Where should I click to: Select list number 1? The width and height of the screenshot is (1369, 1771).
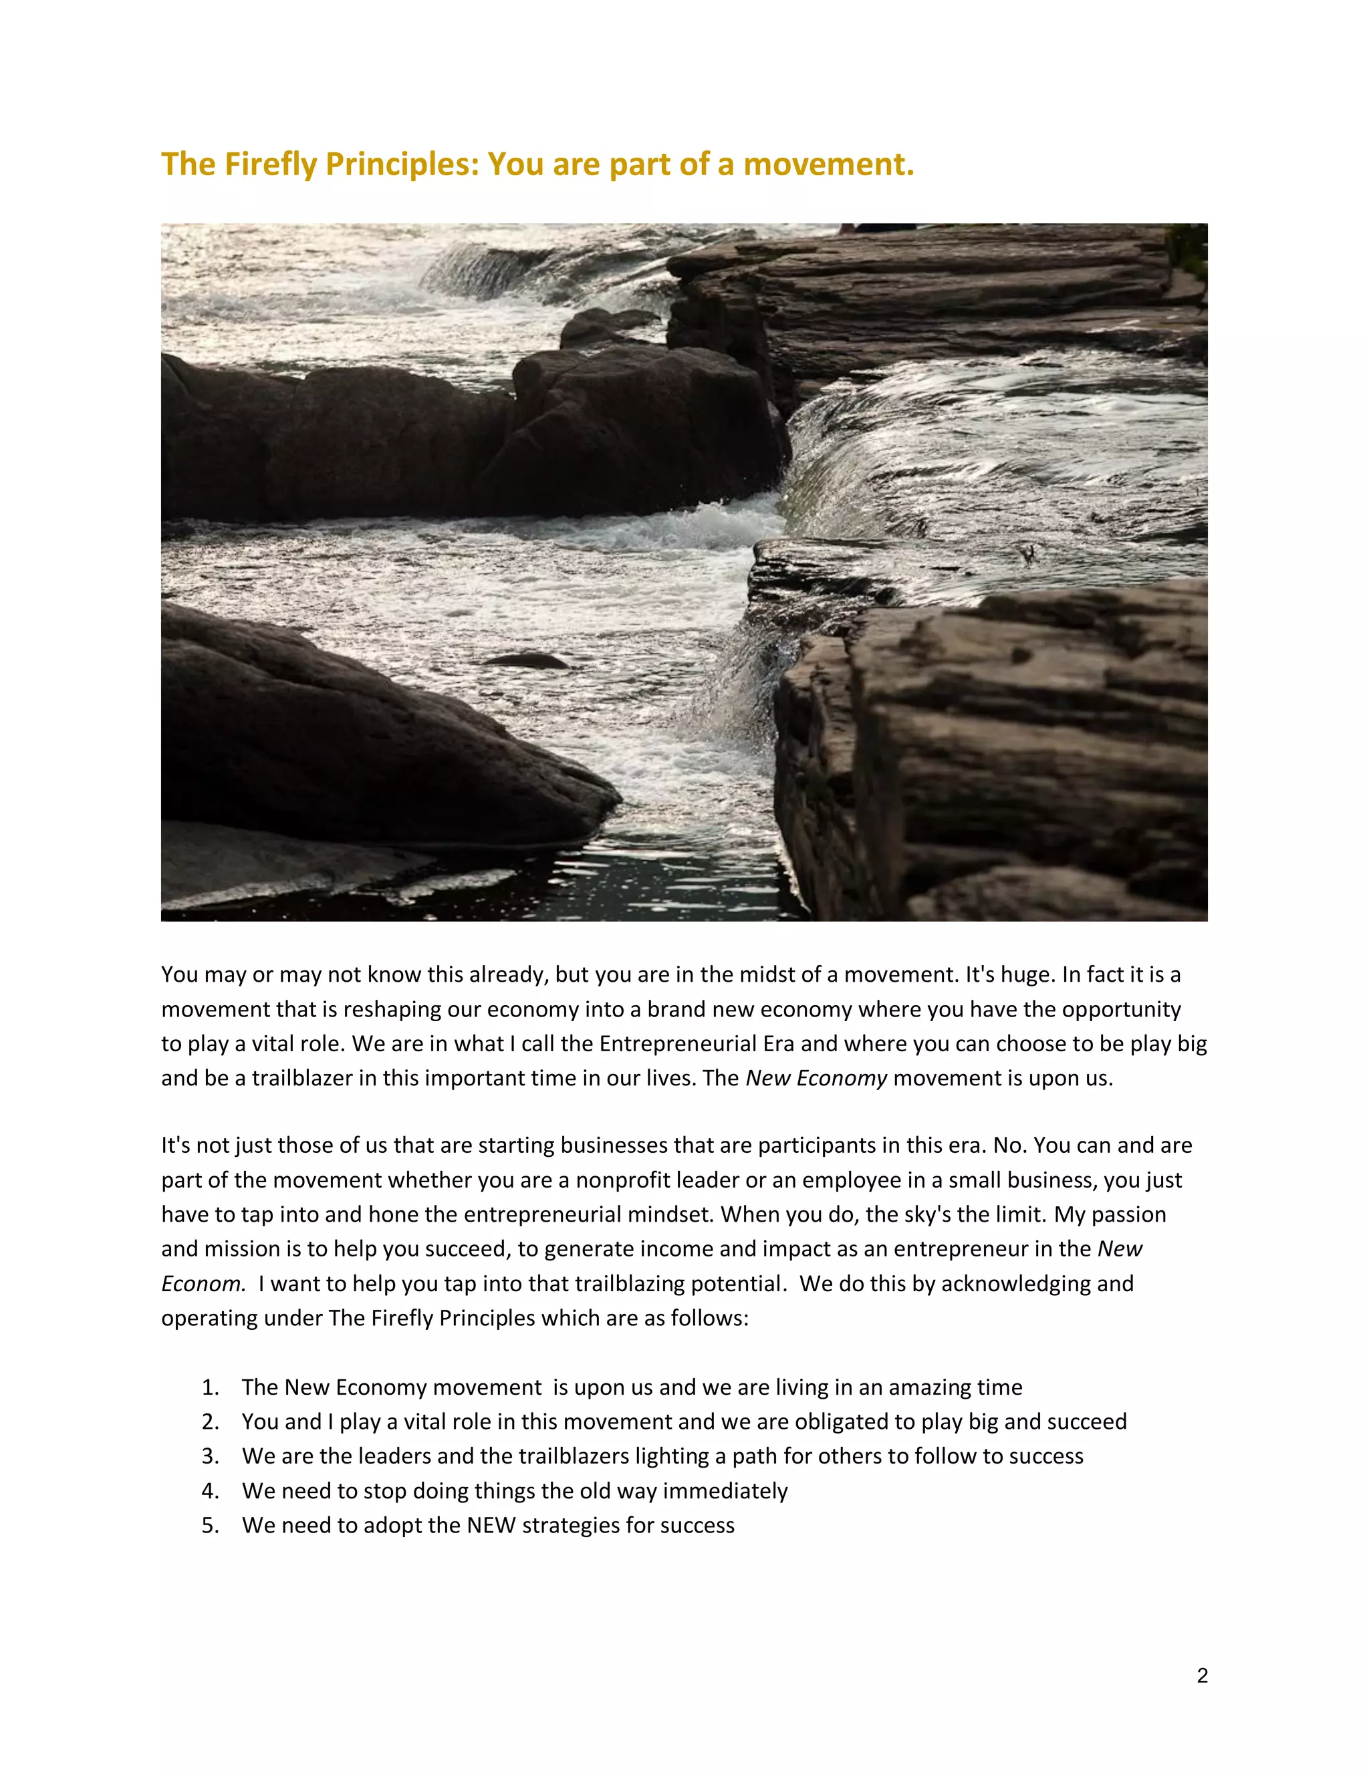210,1387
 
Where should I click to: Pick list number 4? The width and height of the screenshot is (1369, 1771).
210,1491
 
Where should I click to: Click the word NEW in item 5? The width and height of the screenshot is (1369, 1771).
491,1525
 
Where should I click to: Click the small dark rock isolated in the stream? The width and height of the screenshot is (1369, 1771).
528,661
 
